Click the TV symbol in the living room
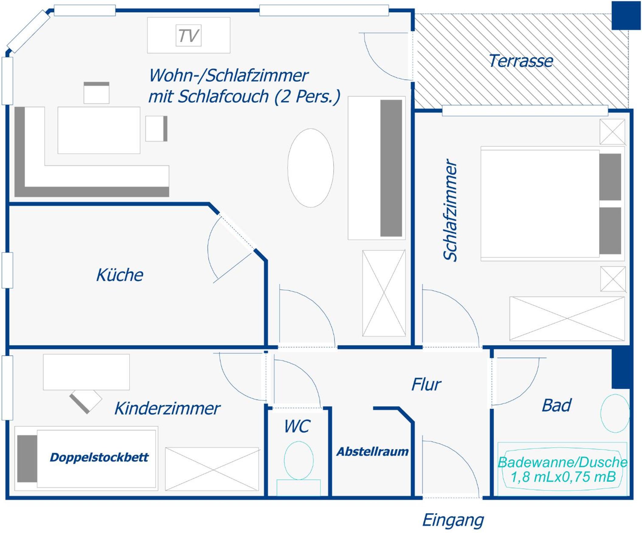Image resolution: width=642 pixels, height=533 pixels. pyautogui.click(x=189, y=36)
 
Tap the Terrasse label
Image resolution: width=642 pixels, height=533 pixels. pyautogui.click(x=521, y=61)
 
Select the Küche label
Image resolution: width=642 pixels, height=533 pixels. pyautogui.click(x=120, y=275)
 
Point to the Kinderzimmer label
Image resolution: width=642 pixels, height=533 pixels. pyautogui.click(x=167, y=408)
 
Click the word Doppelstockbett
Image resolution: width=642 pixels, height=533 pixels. pyautogui.click(x=99, y=457)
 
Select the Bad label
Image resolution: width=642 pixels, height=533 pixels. pyautogui.click(x=556, y=406)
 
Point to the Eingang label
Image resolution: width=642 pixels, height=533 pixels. pyautogui.click(x=453, y=521)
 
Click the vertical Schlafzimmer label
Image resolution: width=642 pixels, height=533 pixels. pyautogui.click(x=450, y=210)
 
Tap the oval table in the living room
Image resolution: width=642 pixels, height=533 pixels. pyautogui.click(x=311, y=168)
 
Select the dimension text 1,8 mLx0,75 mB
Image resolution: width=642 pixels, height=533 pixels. pyautogui.click(x=563, y=476)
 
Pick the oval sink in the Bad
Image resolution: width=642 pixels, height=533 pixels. pyautogui.click(x=615, y=413)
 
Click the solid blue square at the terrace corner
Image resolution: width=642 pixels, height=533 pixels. pyautogui.click(x=626, y=15)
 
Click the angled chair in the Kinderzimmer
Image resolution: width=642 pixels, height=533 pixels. pyautogui.click(x=86, y=402)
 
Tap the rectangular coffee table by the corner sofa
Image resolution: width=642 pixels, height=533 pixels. pyautogui.click(x=99, y=130)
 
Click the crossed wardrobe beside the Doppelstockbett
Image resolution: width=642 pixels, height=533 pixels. pyautogui.click(x=212, y=469)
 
